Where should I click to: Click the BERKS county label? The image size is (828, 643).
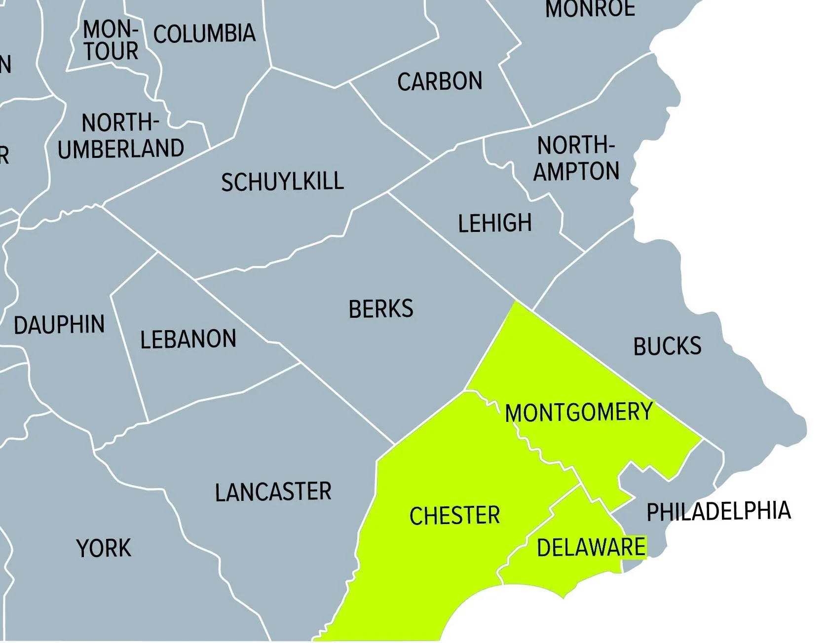(x=381, y=309)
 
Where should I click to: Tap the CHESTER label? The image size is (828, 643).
(x=454, y=516)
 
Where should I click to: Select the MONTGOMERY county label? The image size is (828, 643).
(x=579, y=413)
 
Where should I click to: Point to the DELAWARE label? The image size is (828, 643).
(x=591, y=547)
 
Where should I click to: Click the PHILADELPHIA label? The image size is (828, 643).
(x=718, y=512)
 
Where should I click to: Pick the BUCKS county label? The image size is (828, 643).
(x=667, y=346)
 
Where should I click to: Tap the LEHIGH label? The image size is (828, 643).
(x=495, y=223)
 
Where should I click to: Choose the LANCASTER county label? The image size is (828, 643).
(x=273, y=492)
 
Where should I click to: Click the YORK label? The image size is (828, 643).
(x=104, y=548)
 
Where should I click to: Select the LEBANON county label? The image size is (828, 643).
(x=188, y=340)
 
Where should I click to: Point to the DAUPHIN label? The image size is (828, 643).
(x=59, y=325)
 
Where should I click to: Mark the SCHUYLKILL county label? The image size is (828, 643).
(x=282, y=182)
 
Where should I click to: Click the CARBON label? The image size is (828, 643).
(x=440, y=82)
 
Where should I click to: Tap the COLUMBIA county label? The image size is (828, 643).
(x=204, y=34)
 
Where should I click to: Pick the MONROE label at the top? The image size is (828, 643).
(x=590, y=9)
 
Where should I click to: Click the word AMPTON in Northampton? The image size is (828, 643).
(x=576, y=171)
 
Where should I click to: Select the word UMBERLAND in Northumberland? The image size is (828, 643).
(x=121, y=149)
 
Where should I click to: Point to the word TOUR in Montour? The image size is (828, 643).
(x=111, y=51)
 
